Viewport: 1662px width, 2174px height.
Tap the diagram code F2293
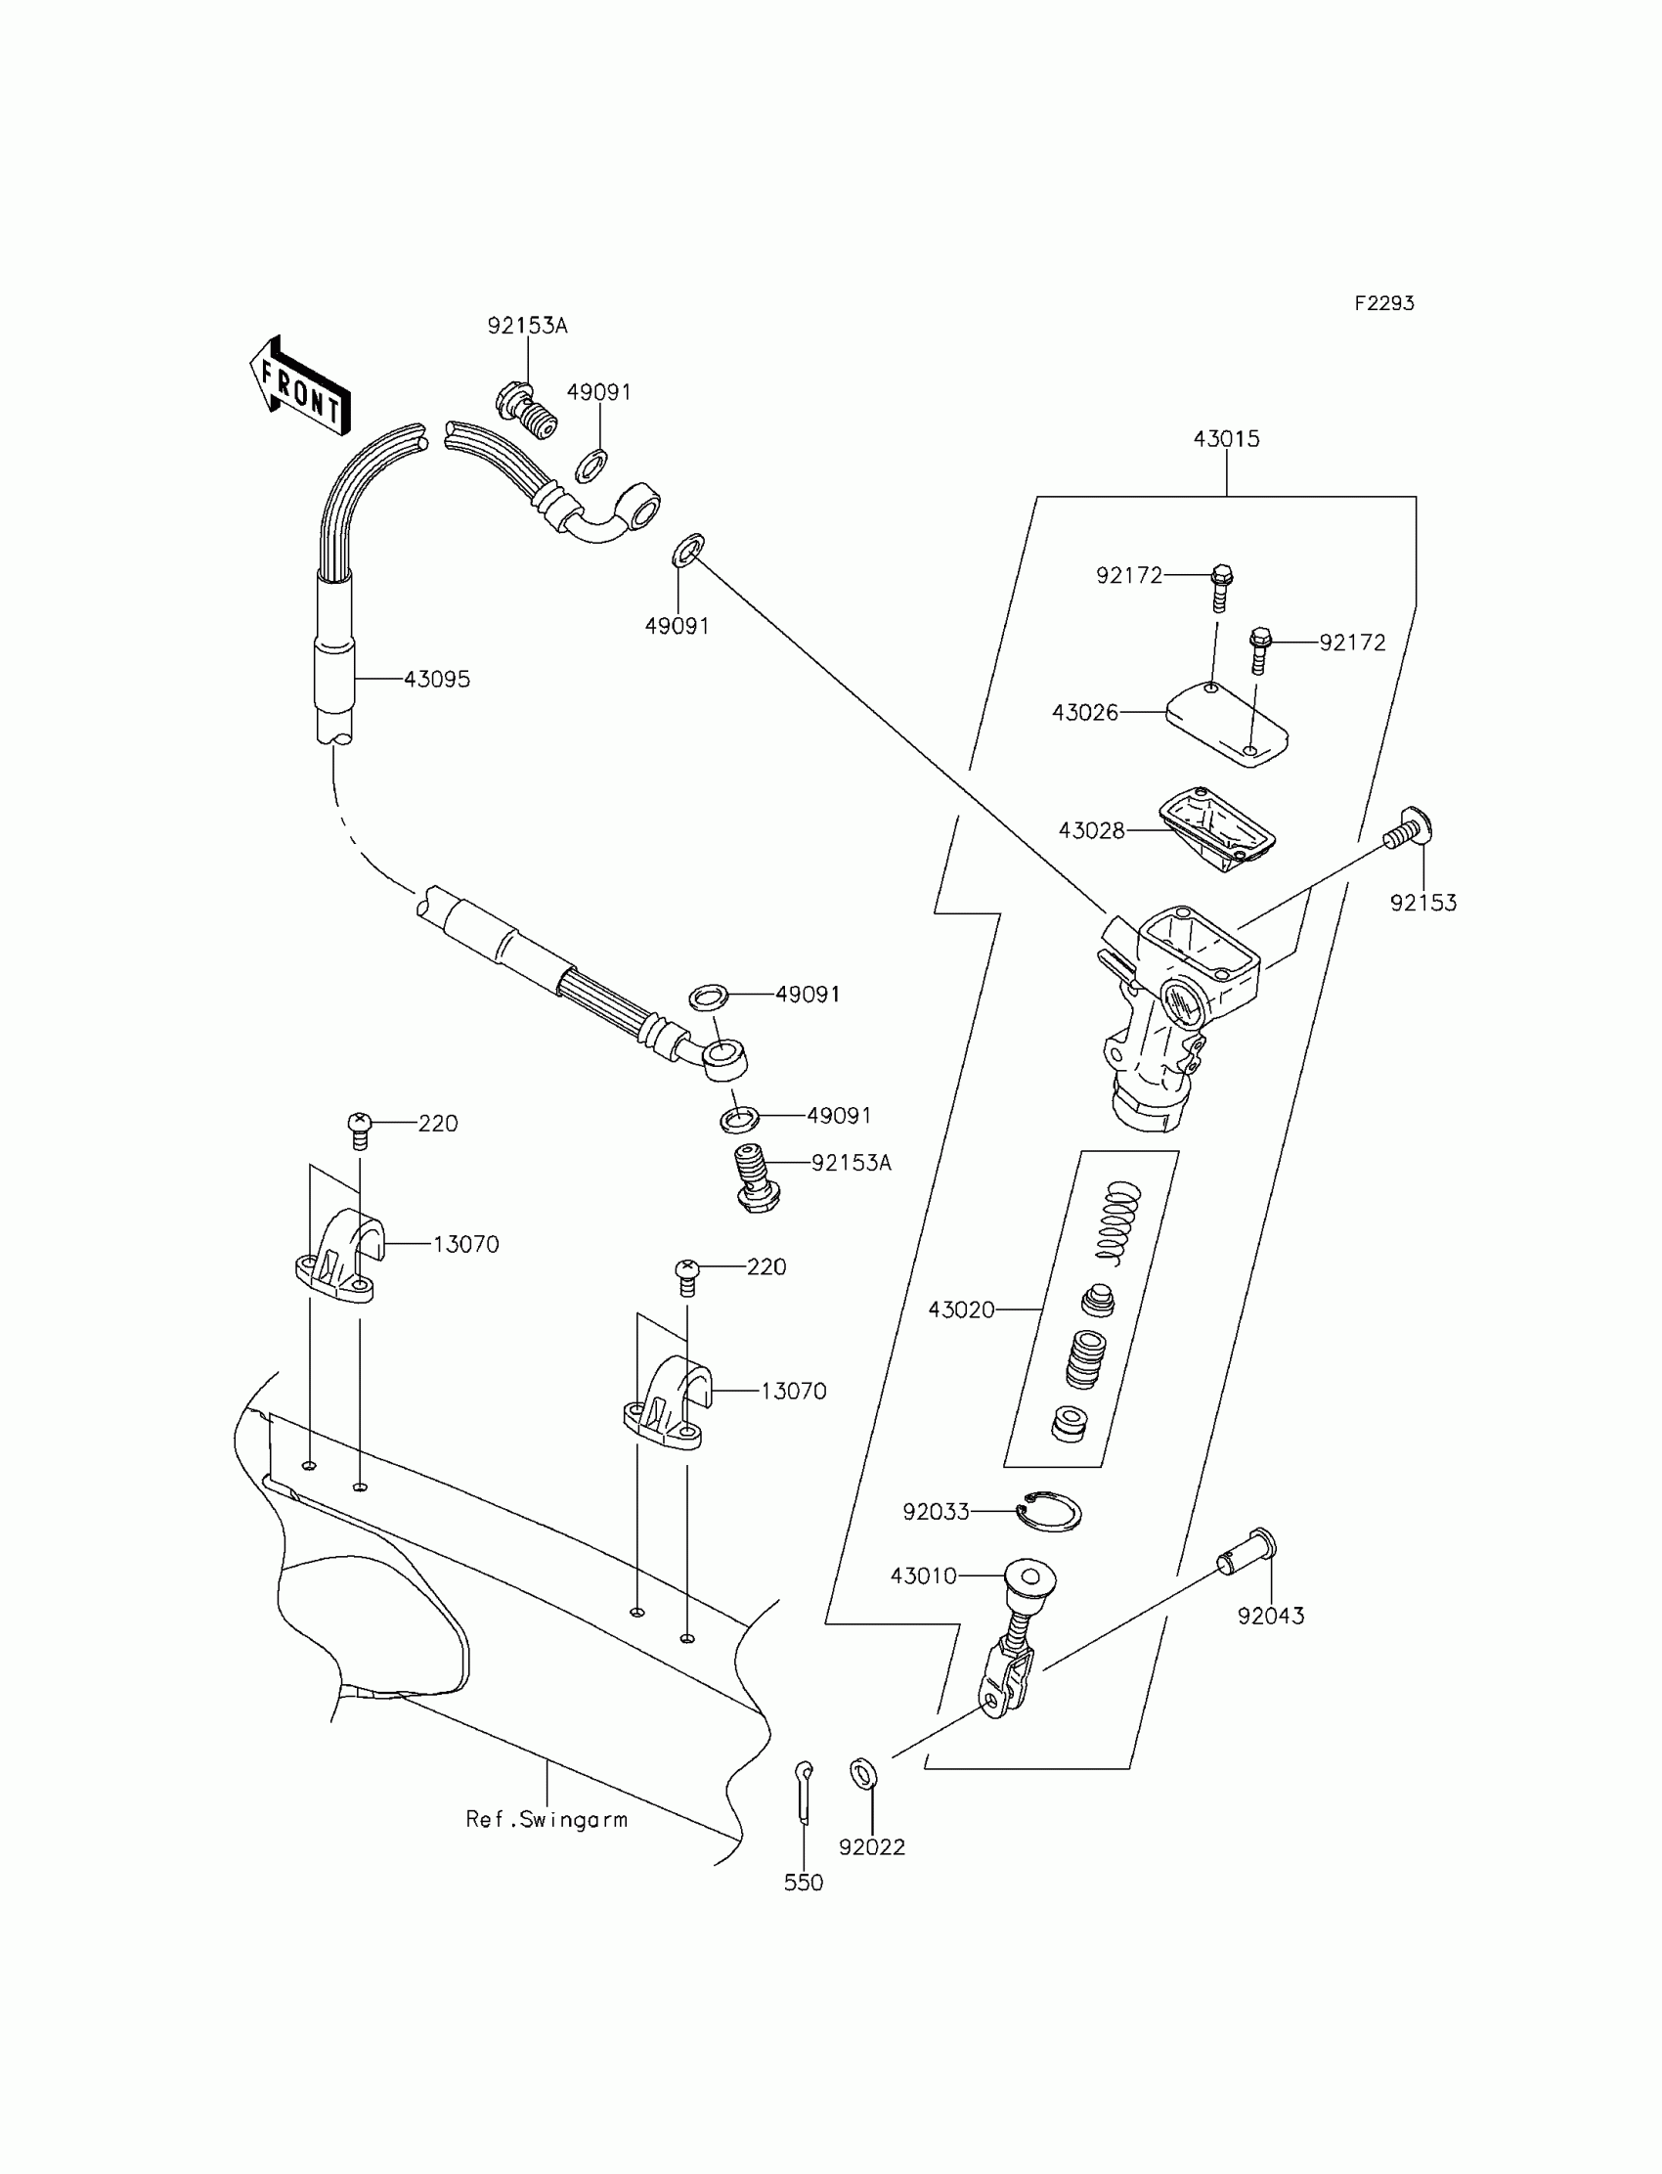coord(1383,304)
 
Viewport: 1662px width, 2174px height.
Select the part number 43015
coord(1226,438)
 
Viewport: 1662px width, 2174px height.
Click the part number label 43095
coord(436,680)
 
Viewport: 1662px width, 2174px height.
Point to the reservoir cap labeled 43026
coord(1227,725)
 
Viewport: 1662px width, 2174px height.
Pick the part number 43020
coord(961,1310)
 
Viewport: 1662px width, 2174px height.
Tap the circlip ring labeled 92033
coord(1052,1512)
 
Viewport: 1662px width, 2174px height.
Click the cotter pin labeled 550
coord(805,1791)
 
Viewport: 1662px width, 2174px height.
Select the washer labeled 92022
coord(862,1773)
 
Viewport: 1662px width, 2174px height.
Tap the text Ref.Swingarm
coord(547,1819)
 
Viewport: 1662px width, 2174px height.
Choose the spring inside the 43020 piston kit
coord(1119,1221)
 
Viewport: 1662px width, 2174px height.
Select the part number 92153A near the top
coord(527,327)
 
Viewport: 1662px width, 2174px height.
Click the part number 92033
coord(935,1512)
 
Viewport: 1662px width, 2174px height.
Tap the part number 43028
coord(1091,830)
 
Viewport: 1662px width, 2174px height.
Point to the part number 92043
coord(1270,1616)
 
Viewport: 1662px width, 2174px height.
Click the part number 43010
coord(923,1576)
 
